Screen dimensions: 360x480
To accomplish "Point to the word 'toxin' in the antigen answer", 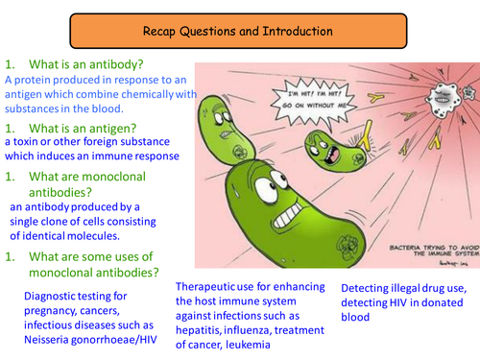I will pyautogui.click(x=32, y=140).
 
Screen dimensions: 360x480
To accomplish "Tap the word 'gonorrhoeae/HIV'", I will pyautogui.click(x=121, y=341).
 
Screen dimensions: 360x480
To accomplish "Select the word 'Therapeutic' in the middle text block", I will pyautogui.click(x=215, y=287).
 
